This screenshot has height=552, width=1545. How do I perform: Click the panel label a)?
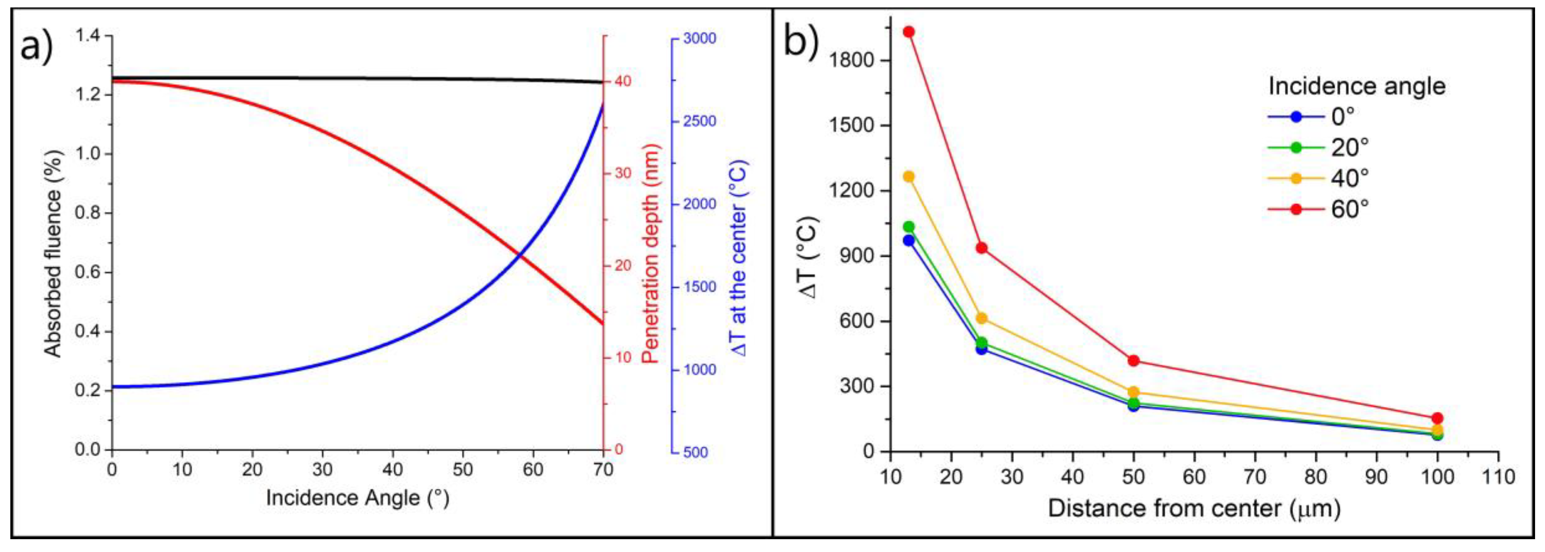(37, 46)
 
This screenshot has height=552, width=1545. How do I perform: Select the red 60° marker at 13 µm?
(909, 32)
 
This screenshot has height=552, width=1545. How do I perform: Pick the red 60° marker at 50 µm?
(1134, 361)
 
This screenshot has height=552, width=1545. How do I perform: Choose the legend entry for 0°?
(1320, 117)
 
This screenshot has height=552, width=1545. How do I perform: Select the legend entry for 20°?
(1320, 147)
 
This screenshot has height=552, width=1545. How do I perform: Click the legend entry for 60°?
(1320, 209)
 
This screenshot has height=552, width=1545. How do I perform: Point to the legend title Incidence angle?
(1357, 86)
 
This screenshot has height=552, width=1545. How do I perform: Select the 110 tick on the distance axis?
(1497, 478)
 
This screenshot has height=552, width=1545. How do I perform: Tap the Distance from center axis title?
(1193, 509)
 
